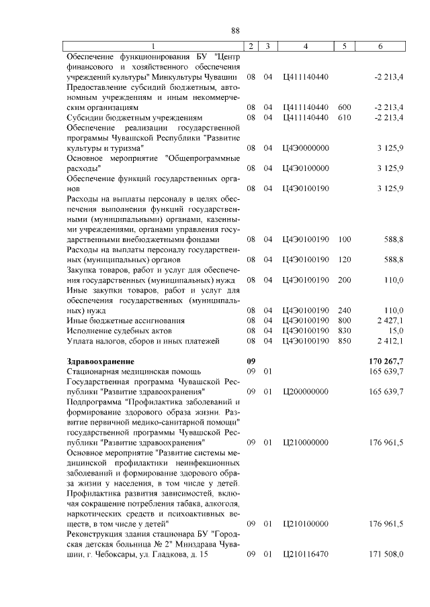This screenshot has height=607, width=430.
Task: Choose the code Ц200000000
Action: coord(306,391)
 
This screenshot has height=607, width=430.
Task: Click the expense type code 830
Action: coord(345,331)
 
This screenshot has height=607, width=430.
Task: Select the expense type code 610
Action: coord(345,117)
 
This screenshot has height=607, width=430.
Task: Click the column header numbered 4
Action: coord(306,46)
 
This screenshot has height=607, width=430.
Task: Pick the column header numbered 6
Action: coord(381,46)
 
